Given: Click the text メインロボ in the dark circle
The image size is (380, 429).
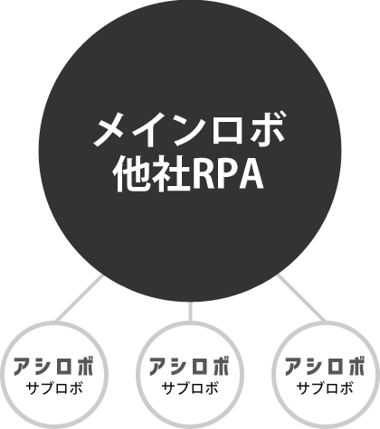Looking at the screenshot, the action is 189,129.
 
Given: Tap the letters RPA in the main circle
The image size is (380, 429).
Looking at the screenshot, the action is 228,173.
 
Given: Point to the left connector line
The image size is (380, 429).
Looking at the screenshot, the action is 80,298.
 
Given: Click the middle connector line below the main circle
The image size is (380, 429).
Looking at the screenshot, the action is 190,312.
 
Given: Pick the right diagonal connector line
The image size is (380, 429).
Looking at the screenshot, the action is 301,297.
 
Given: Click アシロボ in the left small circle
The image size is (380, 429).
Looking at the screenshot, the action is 54,366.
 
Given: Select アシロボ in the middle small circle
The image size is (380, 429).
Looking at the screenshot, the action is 190,366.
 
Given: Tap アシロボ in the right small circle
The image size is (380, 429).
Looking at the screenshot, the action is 325,366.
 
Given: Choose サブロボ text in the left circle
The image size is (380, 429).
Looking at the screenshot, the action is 54,388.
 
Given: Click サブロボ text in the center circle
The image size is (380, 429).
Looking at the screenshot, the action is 190,388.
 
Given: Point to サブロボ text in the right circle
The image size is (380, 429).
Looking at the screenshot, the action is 325,388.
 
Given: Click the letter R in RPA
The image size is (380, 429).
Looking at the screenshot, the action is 204,173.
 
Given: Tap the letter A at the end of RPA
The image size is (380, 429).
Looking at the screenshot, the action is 251,173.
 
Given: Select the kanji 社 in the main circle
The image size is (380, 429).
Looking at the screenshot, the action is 172,173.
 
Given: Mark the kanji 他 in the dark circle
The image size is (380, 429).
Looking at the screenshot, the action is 133,173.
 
